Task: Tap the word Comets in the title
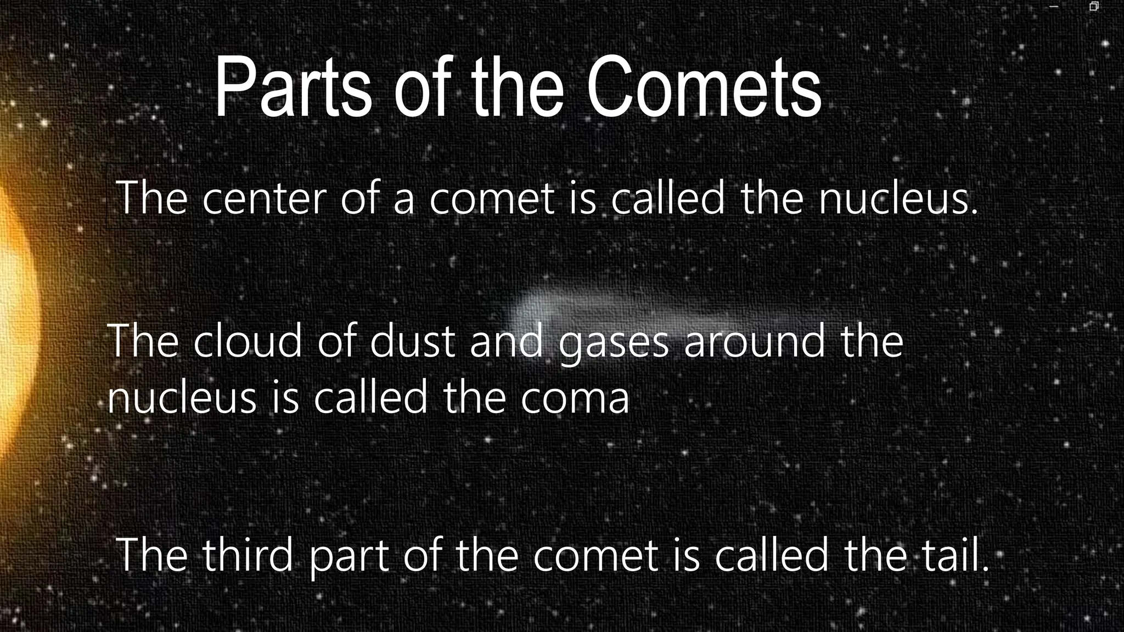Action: (x=704, y=88)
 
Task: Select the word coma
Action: (x=575, y=397)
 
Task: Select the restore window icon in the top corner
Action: (x=1093, y=7)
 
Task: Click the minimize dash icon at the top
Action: (x=1053, y=7)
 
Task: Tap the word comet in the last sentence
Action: (x=595, y=555)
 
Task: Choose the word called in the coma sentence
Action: (x=370, y=397)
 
